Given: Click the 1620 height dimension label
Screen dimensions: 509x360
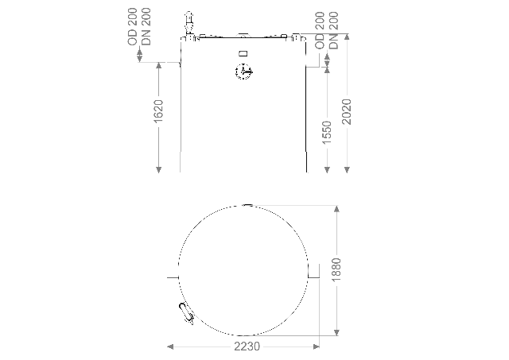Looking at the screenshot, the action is pyautogui.click(x=158, y=111).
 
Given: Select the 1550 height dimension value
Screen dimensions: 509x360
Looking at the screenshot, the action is pyautogui.click(x=327, y=133).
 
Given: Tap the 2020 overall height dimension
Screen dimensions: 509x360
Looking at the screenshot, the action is pyautogui.click(x=347, y=112).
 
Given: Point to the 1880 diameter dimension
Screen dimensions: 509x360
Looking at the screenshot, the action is pyautogui.click(x=336, y=270).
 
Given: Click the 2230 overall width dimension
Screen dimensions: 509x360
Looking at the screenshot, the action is pyautogui.click(x=247, y=346).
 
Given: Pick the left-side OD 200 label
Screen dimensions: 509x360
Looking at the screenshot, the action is pyautogui.click(x=133, y=26).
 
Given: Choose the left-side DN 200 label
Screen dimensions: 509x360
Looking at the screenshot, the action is pyautogui.click(x=146, y=26).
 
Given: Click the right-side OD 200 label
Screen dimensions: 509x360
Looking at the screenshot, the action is pyautogui.click(x=320, y=30).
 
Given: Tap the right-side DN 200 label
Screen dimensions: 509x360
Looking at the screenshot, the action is pyautogui.click(x=333, y=30).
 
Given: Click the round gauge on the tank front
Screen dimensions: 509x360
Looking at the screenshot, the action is pyautogui.click(x=243, y=72).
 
